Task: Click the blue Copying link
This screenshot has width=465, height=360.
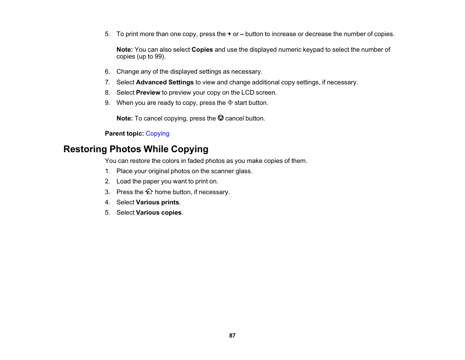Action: click(x=157, y=134)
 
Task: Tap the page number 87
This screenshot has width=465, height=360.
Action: click(x=232, y=336)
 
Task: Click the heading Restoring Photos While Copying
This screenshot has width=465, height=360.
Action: click(x=136, y=149)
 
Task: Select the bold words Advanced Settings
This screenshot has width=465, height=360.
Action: click(x=165, y=82)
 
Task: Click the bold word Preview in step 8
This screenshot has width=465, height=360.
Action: click(x=148, y=93)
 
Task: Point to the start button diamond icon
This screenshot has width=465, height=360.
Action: click(x=230, y=103)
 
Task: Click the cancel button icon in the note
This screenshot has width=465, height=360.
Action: click(x=220, y=118)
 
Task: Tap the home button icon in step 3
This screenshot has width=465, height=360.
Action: click(x=149, y=192)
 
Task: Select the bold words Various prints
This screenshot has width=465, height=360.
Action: click(x=157, y=202)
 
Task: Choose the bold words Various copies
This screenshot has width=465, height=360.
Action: click(x=158, y=213)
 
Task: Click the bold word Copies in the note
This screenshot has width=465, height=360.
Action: click(x=202, y=50)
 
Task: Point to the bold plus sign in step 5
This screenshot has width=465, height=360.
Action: click(x=229, y=34)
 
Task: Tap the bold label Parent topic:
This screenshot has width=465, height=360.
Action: click(x=124, y=134)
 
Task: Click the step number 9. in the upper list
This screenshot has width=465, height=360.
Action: click(x=108, y=103)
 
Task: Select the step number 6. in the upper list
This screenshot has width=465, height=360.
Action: click(x=108, y=72)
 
